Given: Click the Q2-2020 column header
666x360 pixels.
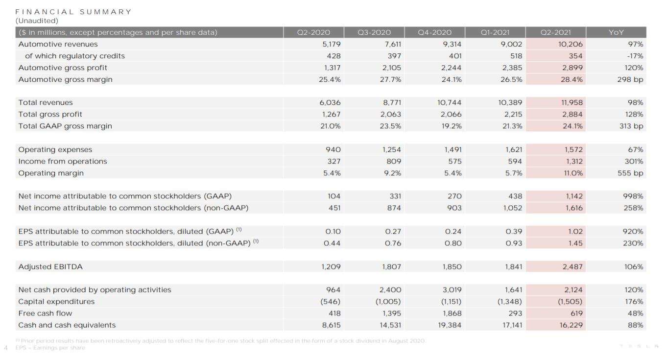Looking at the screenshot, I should tap(313, 33).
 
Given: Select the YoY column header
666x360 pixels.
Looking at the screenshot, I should tap(616, 33).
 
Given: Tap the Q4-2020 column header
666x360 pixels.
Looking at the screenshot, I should tap(434, 33).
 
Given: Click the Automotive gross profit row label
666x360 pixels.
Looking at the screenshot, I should tap(63, 68).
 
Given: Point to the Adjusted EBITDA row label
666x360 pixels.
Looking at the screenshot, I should tap(50, 267).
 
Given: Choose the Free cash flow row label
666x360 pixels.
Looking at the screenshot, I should tap(45, 313).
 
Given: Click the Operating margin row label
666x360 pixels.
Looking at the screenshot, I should tap(51, 173).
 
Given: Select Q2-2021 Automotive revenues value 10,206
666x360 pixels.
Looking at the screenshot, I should tap(571, 44).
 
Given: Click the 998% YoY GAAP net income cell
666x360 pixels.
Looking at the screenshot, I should tap(634, 196).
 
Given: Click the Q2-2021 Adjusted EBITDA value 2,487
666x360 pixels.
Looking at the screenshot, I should tap(572, 267).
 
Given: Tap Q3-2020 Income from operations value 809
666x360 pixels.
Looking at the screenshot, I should tap(393, 161).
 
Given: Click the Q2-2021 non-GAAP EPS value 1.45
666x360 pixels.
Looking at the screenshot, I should tap(575, 243).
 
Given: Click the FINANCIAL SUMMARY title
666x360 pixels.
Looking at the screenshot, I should tap(73, 12).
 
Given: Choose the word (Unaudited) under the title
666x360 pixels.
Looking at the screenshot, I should tap(37, 21).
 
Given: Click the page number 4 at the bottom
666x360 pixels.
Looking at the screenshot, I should tap(6, 348).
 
